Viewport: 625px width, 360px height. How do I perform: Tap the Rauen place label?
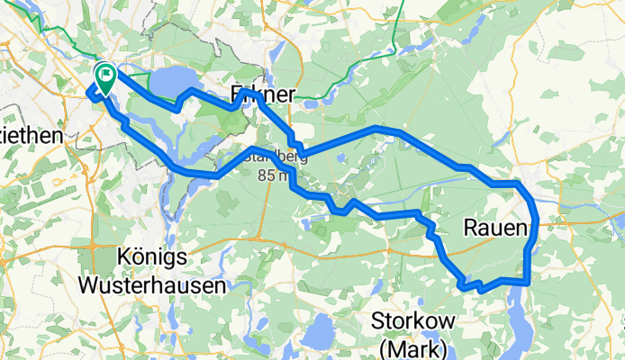point(494,230)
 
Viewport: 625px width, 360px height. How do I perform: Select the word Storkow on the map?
point(415,322)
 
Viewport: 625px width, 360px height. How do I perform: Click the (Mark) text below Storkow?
point(415,347)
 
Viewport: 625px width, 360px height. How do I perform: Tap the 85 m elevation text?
point(273,175)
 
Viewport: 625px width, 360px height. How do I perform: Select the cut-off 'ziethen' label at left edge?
point(31,134)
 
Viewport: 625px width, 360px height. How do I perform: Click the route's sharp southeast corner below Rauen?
point(526,283)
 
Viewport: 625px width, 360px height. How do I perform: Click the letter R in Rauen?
point(470,230)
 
